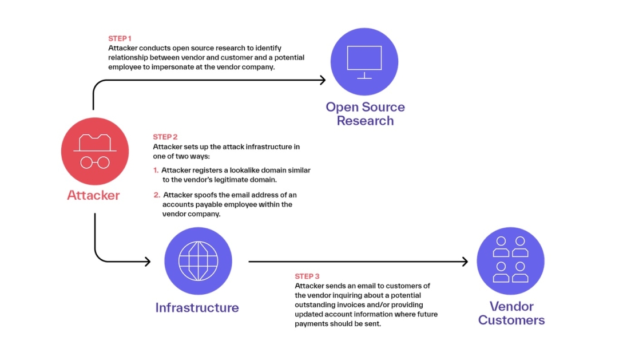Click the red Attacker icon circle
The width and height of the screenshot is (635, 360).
(x=94, y=152)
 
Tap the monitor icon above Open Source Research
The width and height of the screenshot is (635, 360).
(x=364, y=62)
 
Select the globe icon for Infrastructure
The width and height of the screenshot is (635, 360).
(x=198, y=260)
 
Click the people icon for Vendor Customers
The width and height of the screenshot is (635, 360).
(x=510, y=260)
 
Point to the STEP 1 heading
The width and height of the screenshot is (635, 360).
(x=120, y=38)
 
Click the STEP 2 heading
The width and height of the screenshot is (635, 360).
(x=165, y=137)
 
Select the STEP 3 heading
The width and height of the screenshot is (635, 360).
(x=307, y=276)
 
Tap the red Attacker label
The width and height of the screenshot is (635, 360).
(x=93, y=195)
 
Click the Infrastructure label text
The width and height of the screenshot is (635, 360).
(x=197, y=307)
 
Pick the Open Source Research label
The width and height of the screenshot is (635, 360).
(x=365, y=114)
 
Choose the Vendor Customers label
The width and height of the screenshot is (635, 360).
(x=511, y=313)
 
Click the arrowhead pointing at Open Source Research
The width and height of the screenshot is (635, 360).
(x=323, y=80)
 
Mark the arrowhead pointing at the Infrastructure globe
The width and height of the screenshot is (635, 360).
(x=147, y=262)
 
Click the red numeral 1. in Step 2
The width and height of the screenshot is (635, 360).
(x=156, y=171)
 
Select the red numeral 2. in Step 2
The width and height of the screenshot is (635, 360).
(x=157, y=195)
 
